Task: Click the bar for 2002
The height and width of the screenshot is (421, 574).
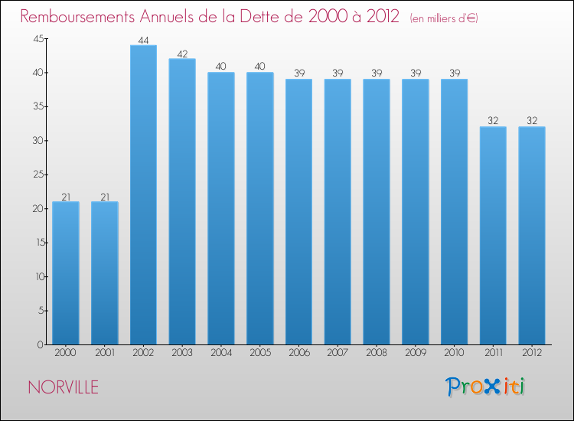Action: [x=143, y=195]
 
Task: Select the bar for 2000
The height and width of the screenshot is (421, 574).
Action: [x=66, y=273]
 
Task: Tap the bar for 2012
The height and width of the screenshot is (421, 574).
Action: [x=531, y=236]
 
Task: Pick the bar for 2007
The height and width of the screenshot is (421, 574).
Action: [x=338, y=212]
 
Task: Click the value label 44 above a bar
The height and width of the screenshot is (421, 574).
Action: [x=143, y=40]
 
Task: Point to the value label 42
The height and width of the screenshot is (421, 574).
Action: [x=182, y=54]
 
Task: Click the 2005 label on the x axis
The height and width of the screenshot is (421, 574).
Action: [x=259, y=352]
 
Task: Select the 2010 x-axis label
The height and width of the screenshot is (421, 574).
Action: [x=454, y=352]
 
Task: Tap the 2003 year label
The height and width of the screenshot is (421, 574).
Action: [x=182, y=352]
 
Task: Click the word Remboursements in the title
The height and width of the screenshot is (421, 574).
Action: [x=80, y=17]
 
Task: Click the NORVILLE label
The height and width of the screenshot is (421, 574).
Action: [x=63, y=387]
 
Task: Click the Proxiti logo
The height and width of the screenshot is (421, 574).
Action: [x=486, y=387]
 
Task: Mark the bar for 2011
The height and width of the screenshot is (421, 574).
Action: [x=492, y=236]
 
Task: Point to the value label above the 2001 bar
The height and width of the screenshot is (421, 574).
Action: [x=105, y=197]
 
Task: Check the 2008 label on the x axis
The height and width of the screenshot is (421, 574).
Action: [x=376, y=352]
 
